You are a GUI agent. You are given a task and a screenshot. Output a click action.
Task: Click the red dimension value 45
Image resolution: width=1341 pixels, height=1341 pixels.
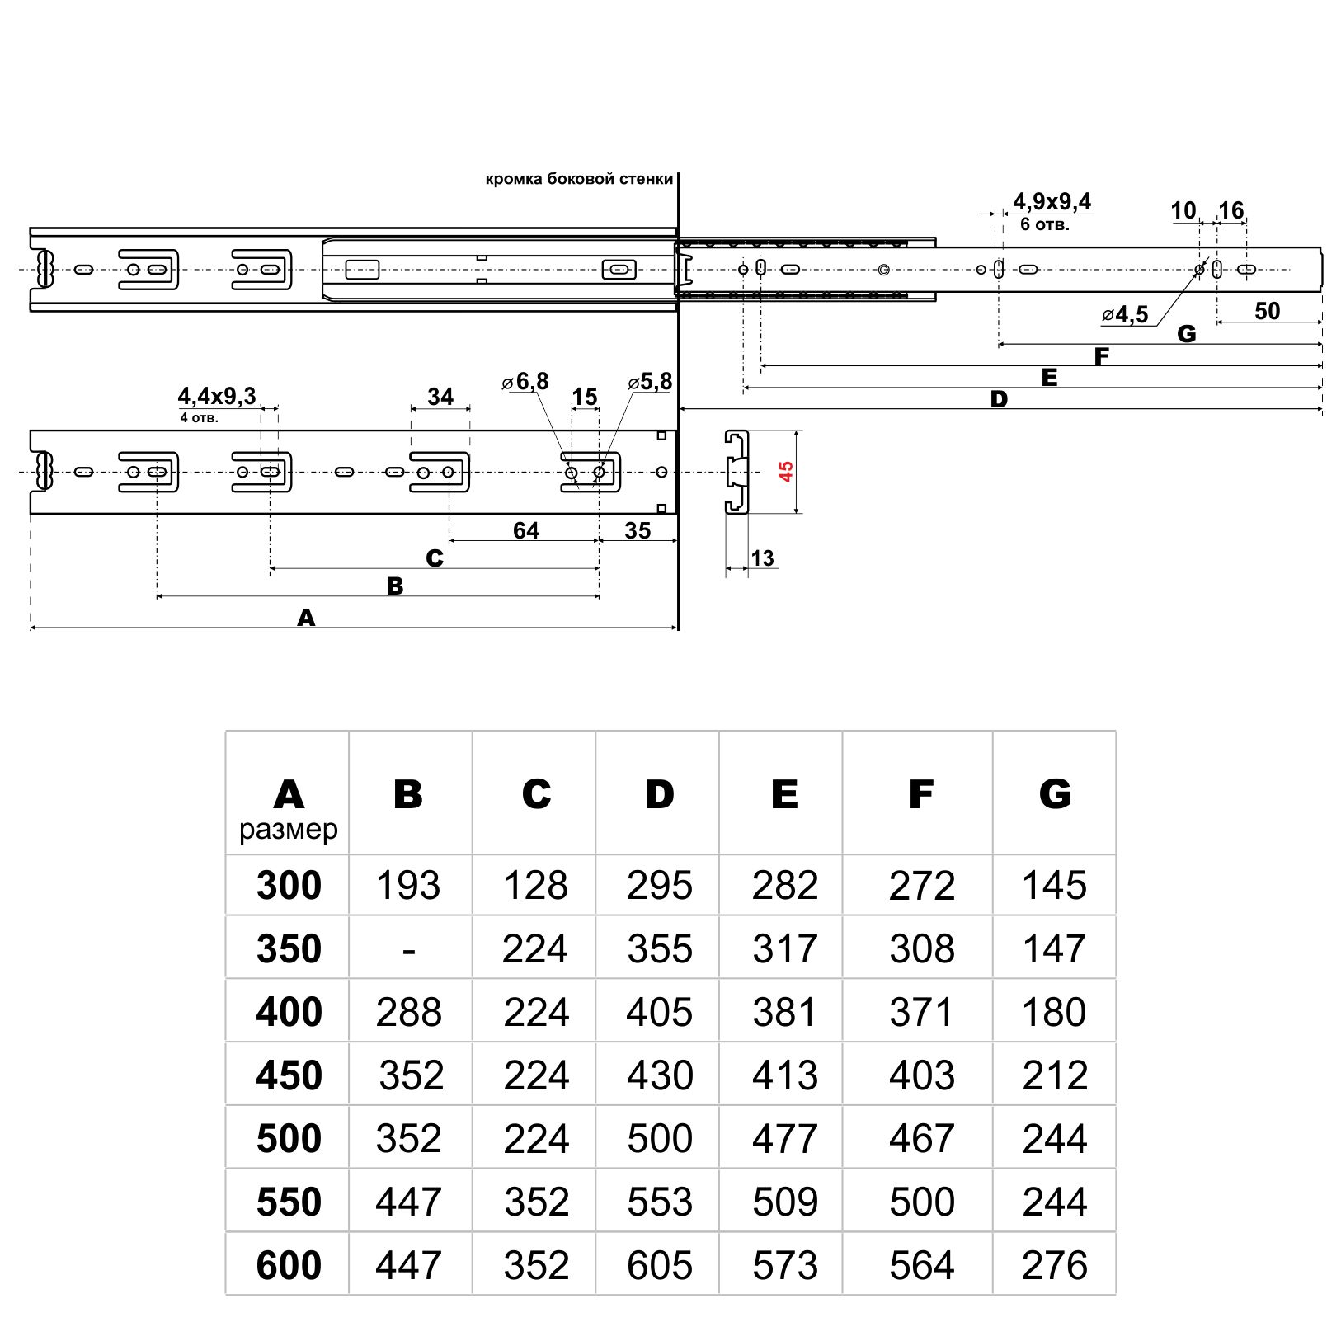(x=786, y=472)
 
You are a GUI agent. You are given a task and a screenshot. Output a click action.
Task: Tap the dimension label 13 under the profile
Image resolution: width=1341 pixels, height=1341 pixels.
(x=763, y=558)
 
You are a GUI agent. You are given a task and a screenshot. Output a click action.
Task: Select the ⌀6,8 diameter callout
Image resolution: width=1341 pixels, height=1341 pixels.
(x=525, y=382)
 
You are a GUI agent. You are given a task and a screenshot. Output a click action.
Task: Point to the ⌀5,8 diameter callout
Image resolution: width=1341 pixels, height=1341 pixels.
(x=650, y=382)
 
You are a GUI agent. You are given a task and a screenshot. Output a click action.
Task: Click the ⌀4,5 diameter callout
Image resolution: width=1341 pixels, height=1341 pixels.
(x=1125, y=315)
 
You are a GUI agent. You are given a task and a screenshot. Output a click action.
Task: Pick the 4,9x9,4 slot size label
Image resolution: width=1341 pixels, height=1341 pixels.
(x=1052, y=201)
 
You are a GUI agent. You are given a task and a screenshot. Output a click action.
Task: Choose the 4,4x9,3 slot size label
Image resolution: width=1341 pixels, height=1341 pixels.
(x=217, y=397)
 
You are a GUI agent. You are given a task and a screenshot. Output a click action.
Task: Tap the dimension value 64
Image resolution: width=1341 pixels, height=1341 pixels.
(x=525, y=530)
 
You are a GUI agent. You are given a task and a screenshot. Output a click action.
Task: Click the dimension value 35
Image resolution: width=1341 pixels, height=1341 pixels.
(x=638, y=530)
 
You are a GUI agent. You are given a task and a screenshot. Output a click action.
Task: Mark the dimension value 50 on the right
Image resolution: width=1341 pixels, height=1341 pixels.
(x=1267, y=311)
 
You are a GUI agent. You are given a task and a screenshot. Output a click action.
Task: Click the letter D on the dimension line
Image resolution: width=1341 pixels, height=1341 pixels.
(x=999, y=400)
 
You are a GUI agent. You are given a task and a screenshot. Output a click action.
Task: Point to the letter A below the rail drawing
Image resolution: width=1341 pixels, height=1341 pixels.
(x=306, y=618)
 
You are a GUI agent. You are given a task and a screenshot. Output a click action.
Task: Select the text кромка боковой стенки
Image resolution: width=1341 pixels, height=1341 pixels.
(x=579, y=179)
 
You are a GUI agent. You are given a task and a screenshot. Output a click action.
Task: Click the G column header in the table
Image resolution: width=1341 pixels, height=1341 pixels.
(x=1055, y=793)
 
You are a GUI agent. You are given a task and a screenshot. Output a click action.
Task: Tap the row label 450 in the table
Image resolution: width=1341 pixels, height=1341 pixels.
(x=289, y=1075)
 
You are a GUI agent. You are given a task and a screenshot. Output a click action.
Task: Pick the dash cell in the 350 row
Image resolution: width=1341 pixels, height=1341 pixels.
(x=409, y=949)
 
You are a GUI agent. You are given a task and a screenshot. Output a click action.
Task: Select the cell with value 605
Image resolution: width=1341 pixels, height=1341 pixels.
(x=660, y=1265)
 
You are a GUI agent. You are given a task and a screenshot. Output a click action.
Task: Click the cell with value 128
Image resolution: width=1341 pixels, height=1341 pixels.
(x=535, y=886)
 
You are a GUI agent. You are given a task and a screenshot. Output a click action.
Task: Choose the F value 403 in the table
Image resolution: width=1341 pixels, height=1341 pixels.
(x=921, y=1075)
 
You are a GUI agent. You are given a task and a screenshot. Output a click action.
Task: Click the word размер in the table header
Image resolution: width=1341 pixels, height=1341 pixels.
(x=289, y=830)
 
